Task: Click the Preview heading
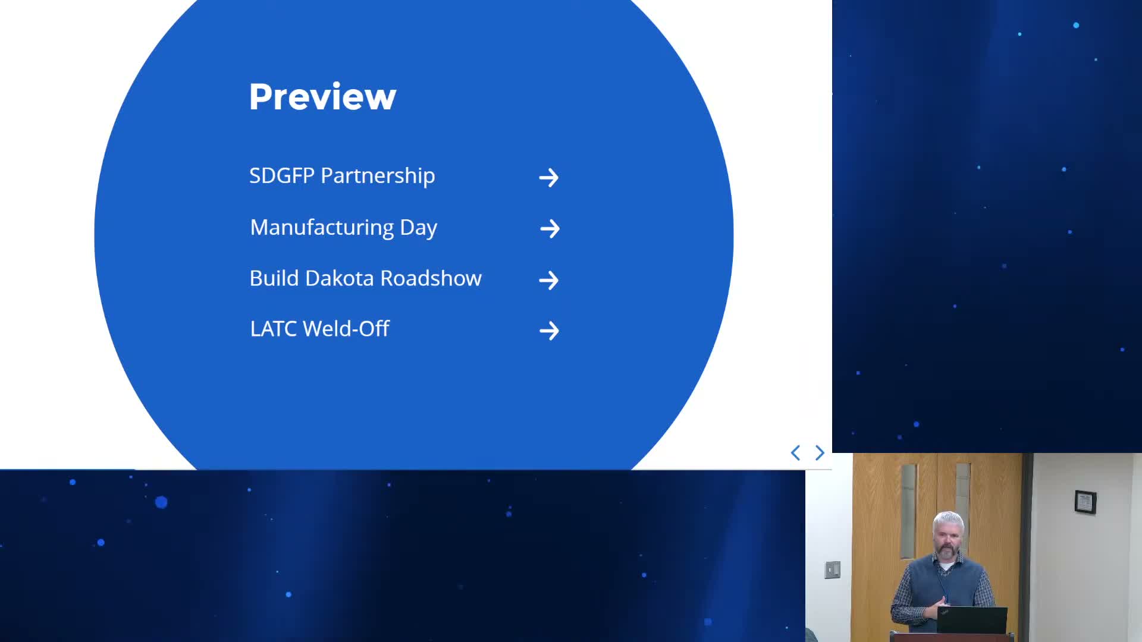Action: pos(322,96)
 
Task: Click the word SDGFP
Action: pos(281,176)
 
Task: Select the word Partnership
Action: pos(378,177)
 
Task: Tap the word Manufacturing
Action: pos(322,228)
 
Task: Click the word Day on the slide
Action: pos(418,228)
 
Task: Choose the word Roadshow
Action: pos(431,278)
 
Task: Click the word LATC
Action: pos(273,329)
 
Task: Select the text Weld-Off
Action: pos(346,329)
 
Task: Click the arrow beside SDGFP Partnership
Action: pos(548,177)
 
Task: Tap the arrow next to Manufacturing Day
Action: pos(550,228)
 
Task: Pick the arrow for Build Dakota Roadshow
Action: pos(548,280)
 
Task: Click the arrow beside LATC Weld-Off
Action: pos(549,331)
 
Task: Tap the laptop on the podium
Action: pos(971,620)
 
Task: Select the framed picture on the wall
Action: pos(1085,502)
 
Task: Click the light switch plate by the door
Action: pos(832,569)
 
